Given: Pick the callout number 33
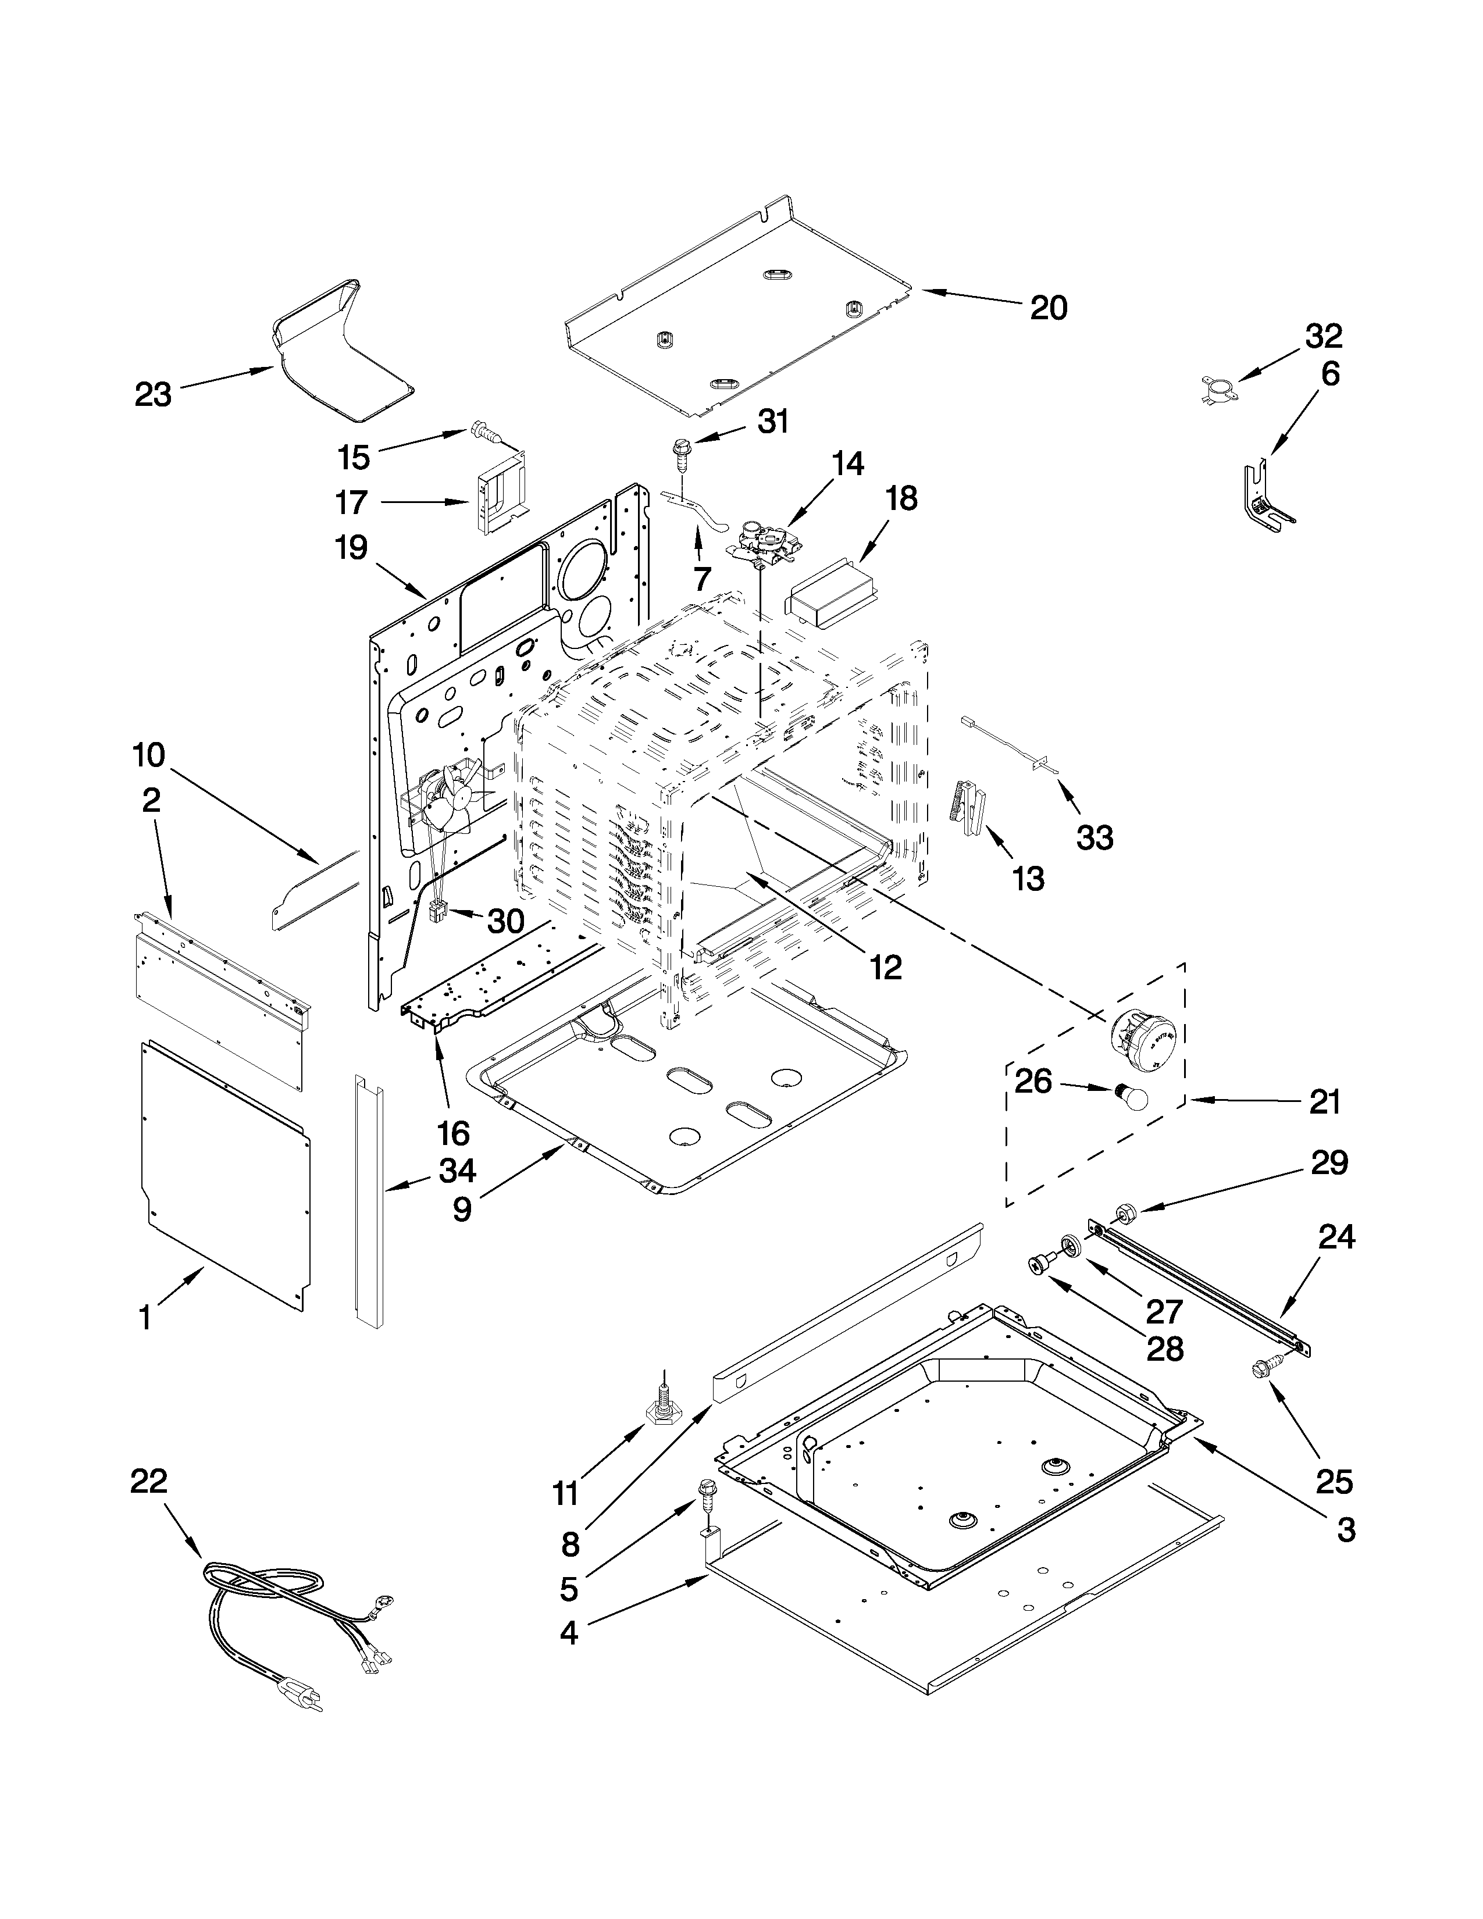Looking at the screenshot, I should point(1095,837).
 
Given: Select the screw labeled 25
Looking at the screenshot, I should point(1265,1370).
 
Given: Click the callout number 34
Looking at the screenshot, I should point(458,1171).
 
